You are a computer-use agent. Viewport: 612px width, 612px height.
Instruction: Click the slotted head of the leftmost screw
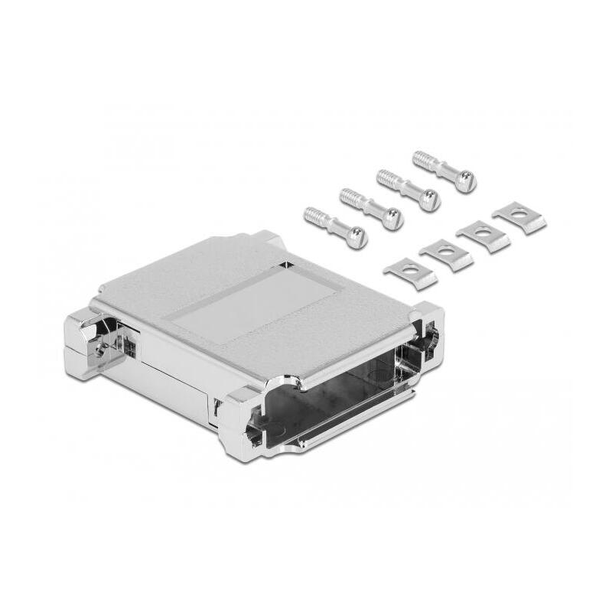pos(356,238)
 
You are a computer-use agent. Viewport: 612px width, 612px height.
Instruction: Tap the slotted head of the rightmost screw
pos(464,181)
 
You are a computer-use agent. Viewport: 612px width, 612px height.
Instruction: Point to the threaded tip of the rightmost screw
pos(422,160)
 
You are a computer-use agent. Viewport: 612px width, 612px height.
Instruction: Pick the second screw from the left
pos(370,207)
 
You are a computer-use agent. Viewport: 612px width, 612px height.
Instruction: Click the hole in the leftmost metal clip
pos(411,269)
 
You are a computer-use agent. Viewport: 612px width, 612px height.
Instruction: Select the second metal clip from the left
pos(446,252)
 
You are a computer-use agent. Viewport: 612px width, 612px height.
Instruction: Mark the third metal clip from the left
pos(483,233)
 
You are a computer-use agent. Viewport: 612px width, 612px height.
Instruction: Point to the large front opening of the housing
pos(344,398)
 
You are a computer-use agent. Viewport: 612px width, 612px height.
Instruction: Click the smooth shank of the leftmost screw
pos(337,228)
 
